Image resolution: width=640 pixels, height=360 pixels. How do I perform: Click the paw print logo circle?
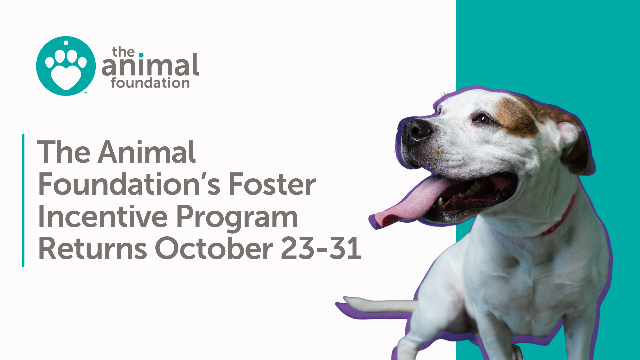click(66, 66)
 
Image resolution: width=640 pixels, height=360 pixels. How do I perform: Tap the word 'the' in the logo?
click(123, 52)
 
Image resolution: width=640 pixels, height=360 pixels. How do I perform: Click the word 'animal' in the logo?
click(150, 66)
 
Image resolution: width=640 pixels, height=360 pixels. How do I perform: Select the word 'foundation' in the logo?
click(150, 83)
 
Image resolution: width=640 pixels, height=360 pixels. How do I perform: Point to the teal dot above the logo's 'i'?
click(141, 55)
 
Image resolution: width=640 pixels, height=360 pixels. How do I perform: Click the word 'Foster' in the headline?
click(272, 184)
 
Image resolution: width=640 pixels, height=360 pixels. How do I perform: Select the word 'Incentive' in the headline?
click(103, 217)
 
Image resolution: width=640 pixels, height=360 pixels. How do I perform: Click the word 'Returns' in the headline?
click(92, 249)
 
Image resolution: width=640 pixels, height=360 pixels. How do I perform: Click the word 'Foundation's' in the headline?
click(129, 184)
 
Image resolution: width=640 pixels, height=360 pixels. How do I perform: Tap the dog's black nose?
click(416, 130)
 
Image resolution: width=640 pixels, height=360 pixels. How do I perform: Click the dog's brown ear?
click(575, 147)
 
